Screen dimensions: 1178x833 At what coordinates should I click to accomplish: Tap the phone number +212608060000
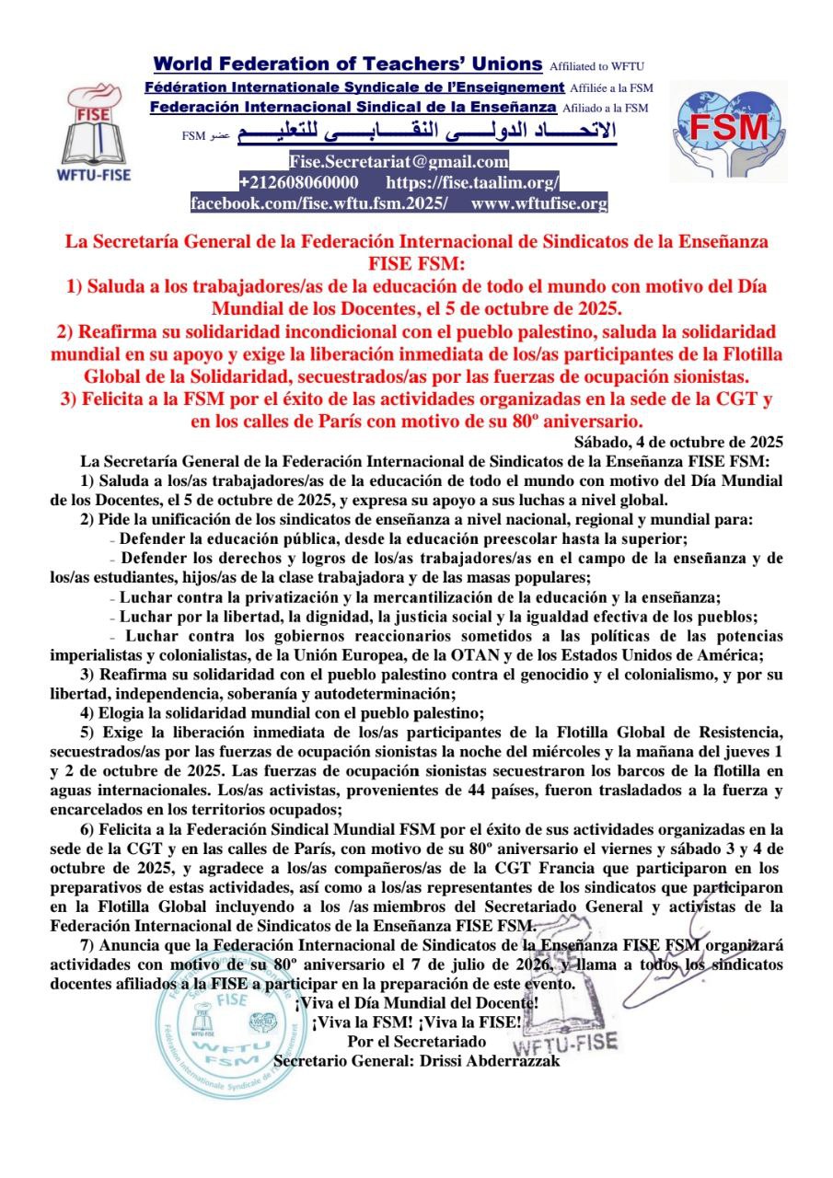299,183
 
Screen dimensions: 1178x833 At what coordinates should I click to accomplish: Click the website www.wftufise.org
538,203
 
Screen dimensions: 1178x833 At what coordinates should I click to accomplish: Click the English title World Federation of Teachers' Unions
348,64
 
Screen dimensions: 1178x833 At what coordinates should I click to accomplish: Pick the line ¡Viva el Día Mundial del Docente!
417,1002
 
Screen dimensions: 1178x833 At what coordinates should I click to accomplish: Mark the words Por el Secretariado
417,1041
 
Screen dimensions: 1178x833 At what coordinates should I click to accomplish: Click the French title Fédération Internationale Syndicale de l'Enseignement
354,87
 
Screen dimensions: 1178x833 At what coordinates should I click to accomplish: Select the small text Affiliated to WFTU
596,67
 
